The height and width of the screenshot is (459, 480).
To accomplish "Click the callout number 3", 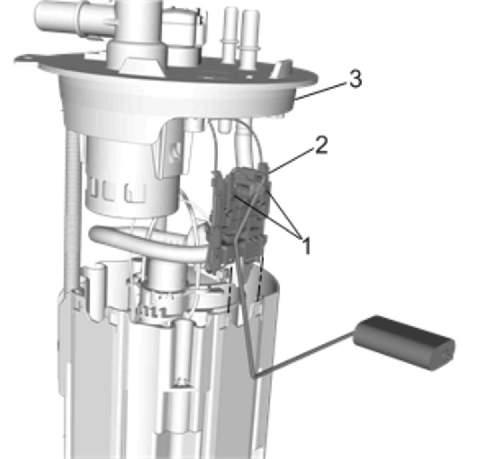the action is pos(356,79).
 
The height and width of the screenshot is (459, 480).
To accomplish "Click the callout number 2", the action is pos(321,145).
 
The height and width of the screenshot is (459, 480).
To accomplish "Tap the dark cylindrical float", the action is pos(404,343).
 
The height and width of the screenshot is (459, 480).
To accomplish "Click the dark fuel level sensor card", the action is pos(238,217).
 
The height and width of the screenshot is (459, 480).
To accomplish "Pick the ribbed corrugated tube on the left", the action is pos(72,210).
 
